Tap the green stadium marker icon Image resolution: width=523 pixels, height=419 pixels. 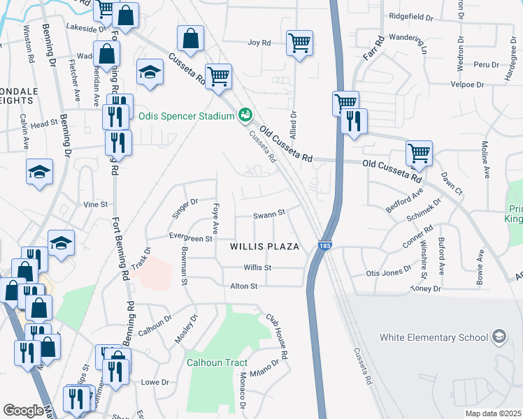tap(245, 115)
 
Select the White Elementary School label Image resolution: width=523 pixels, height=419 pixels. tap(434, 338)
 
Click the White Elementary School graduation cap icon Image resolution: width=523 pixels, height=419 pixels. tap(499, 337)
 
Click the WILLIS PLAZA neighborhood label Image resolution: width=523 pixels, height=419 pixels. tap(266, 247)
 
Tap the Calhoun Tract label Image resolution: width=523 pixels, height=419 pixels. tap(217, 362)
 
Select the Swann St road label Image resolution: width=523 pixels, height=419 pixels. tap(269, 214)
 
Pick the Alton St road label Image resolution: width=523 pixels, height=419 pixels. tap(244, 286)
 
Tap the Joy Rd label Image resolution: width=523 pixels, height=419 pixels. tap(259, 43)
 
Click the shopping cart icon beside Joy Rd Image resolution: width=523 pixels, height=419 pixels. tap(299, 43)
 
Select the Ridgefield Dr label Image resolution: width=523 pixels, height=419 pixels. tap(412, 15)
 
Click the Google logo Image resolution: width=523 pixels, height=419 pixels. tap(23, 411)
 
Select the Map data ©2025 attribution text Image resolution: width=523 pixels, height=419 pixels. tap(493, 413)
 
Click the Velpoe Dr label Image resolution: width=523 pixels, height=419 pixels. tap(465, 84)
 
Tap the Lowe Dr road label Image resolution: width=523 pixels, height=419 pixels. tap(155, 383)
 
